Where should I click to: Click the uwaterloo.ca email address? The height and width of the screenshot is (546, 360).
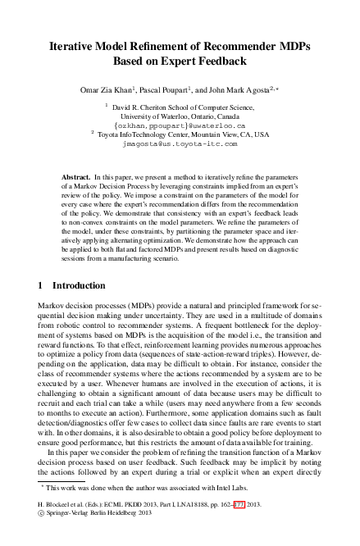tap(180, 126)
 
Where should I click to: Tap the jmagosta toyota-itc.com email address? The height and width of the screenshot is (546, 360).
tap(180, 143)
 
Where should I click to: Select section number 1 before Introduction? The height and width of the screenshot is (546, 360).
tap(42, 285)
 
